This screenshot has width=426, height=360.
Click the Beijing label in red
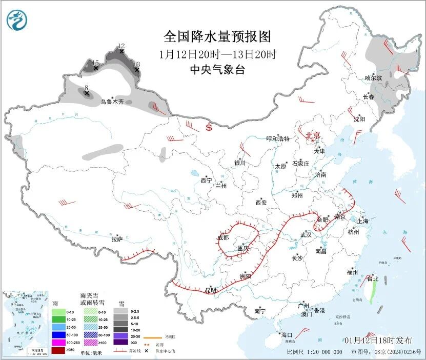click(313, 135)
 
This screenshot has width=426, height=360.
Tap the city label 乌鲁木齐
click(112, 102)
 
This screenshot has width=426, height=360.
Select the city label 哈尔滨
click(373, 78)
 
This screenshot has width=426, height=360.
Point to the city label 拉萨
click(117, 239)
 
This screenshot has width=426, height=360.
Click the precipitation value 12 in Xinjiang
click(121, 46)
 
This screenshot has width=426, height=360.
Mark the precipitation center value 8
click(87, 88)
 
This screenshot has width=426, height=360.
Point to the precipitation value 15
click(95, 63)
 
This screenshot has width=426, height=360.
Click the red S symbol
click(209, 127)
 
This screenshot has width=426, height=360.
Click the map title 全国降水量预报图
click(217, 37)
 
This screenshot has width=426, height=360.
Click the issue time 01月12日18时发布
click(378, 341)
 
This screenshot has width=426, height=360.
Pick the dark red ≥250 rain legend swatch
click(59, 350)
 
